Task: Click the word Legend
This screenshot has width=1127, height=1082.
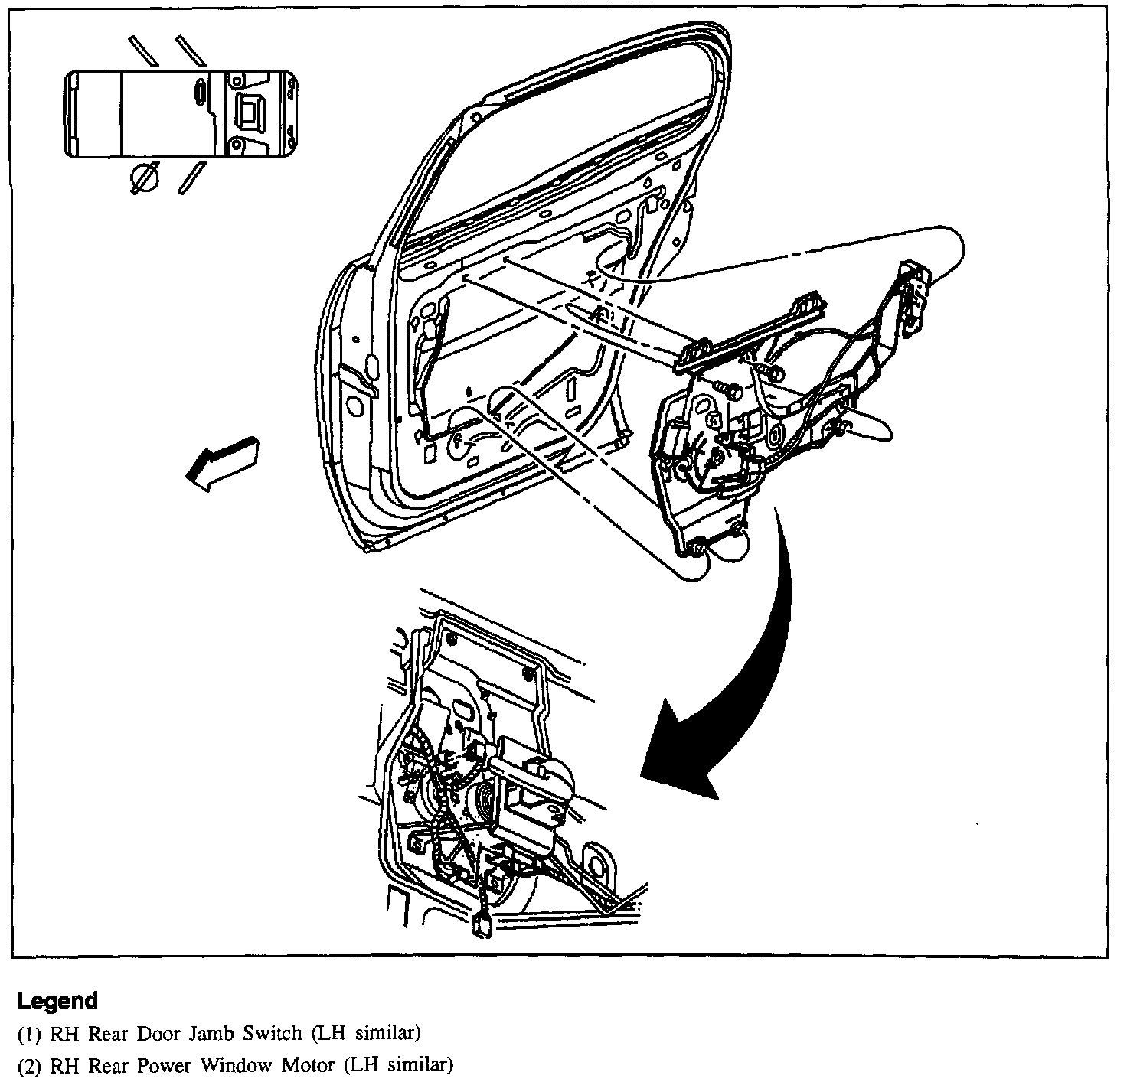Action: [x=58, y=1001]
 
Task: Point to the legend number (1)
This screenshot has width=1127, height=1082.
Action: [x=31, y=1034]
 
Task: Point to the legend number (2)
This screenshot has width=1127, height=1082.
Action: [x=31, y=1064]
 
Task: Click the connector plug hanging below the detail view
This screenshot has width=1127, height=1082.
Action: [x=482, y=927]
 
